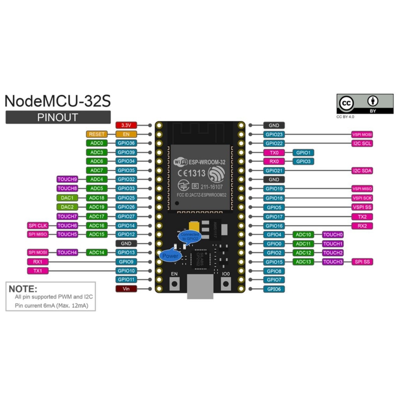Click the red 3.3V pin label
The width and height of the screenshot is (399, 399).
126,125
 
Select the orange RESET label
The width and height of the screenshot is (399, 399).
97,134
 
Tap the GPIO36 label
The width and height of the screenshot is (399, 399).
126,143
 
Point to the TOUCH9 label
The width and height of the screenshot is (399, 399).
67,179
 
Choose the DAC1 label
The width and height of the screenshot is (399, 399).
67,198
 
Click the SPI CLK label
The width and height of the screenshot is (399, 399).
38,226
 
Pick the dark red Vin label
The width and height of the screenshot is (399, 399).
126,289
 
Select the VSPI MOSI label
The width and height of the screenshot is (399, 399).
362,134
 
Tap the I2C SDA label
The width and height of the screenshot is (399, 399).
362,171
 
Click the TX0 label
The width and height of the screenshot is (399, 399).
274,152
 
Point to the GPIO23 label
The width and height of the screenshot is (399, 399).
274,134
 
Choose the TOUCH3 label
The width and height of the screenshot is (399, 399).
333,262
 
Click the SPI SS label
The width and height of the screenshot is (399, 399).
362,262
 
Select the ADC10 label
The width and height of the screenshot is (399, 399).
303,235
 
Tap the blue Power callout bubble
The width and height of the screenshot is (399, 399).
170,256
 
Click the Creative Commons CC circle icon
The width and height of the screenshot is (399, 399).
346,103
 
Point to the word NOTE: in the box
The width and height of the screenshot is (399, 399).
23,289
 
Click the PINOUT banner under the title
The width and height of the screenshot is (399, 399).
58,117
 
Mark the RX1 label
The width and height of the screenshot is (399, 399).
38,262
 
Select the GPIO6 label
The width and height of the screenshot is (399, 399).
274,289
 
